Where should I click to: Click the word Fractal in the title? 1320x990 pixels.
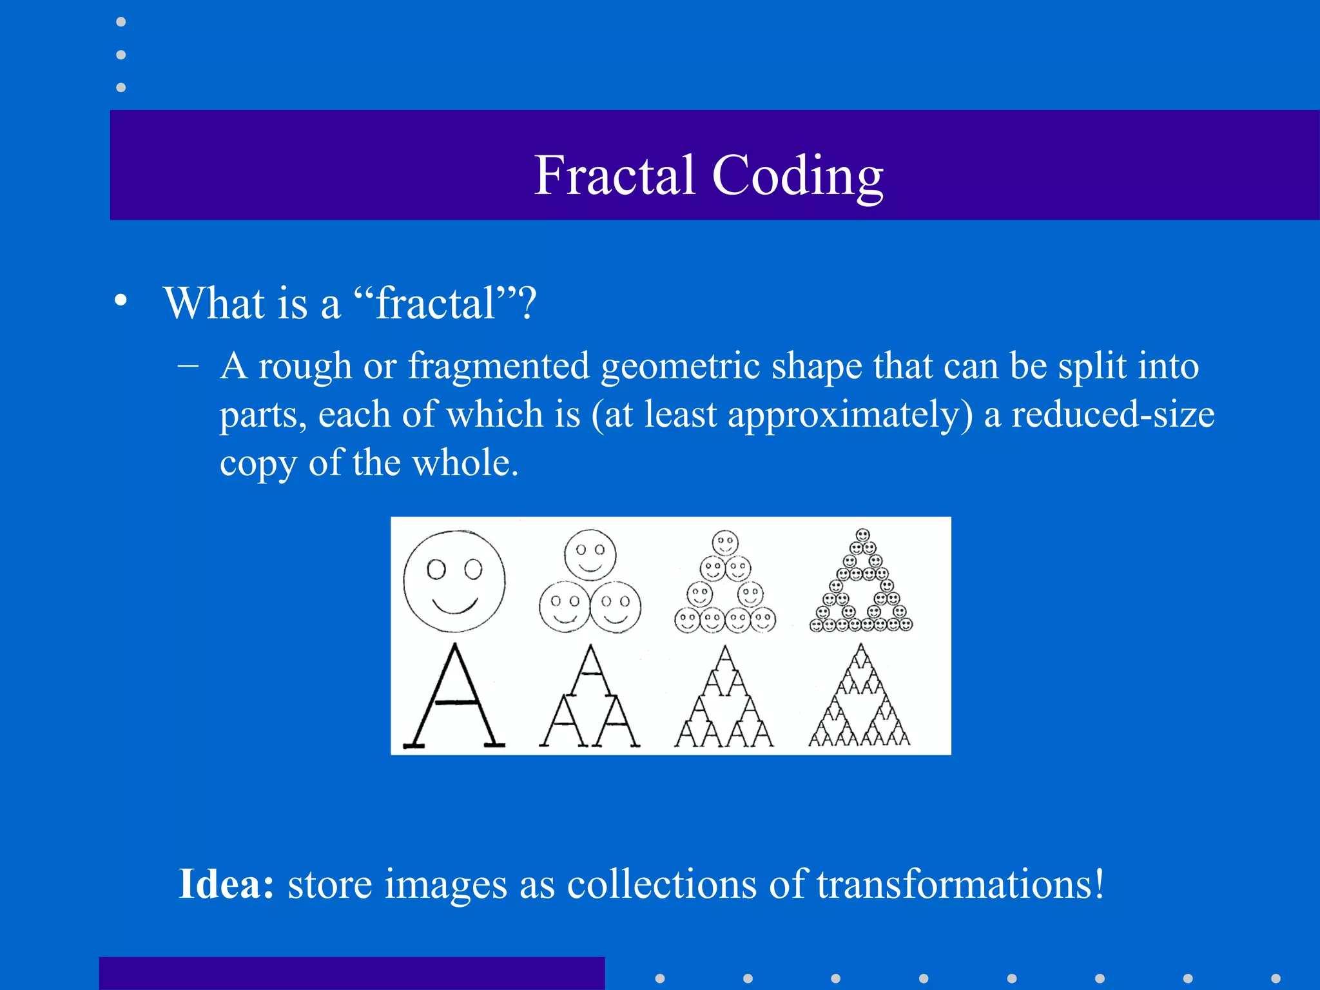point(614,175)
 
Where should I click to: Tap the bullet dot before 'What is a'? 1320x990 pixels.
point(121,300)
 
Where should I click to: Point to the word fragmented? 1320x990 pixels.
point(499,366)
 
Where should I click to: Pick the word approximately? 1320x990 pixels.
point(849,414)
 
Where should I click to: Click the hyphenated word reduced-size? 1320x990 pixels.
point(1112,414)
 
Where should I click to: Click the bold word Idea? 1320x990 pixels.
point(226,884)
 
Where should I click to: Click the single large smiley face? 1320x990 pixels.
point(454,581)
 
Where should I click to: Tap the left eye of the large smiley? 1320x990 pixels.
point(436,570)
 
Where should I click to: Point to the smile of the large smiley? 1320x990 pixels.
point(454,606)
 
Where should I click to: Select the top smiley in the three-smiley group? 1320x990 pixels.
point(590,554)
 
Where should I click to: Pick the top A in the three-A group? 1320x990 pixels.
point(590,670)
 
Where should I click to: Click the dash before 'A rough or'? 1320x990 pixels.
point(188,365)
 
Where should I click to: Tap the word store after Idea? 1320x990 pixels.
point(329,884)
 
